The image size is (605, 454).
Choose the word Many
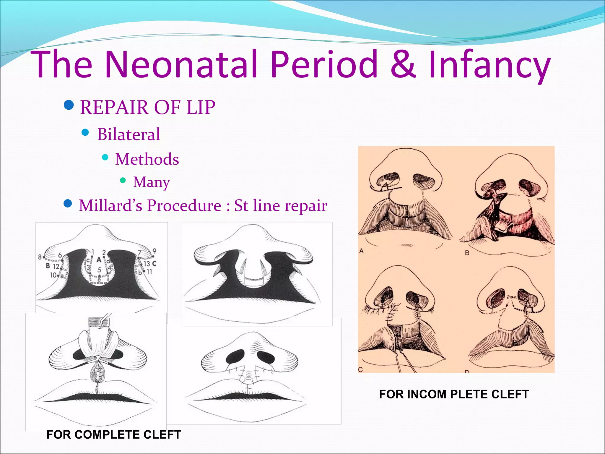[x=152, y=182]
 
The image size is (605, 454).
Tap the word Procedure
[x=184, y=206]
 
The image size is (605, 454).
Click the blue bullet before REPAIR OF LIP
[x=69, y=105]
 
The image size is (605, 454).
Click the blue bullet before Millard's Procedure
[x=68, y=204]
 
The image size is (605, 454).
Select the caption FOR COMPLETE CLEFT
[x=114, y=434]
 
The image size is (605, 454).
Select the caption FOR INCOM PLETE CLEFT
[x=454, y=394]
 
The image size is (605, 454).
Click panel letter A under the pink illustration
[x=361, y=251]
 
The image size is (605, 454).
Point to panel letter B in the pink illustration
[x=467, y=253]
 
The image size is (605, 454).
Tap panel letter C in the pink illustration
[x=360, y=369]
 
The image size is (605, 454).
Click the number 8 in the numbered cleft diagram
[x=40, y=257]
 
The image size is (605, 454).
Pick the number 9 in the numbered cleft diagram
[x=154, y=251]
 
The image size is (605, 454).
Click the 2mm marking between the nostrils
[x=511, y=297]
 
